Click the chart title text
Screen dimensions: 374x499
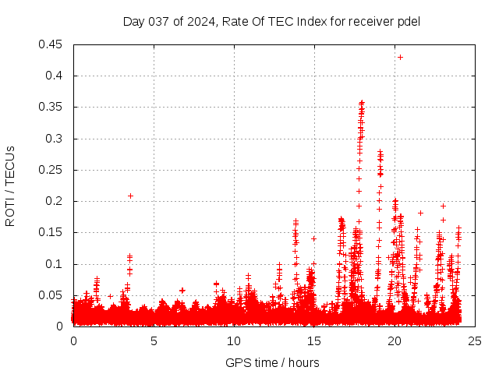click(271, 21)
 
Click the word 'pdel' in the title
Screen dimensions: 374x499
click(408, 21)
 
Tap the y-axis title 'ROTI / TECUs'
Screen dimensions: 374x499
click(10, 185)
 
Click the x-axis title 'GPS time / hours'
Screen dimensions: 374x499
click(272, 362)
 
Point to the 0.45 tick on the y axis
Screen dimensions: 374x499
click(51, 44)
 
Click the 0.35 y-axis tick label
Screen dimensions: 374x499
click(51, 107)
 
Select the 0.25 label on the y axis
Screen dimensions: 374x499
click(51, 170)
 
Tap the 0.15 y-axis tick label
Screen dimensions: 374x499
click(51, 232)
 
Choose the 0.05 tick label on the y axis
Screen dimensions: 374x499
click(51, 295)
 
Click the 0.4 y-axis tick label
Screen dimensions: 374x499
click(55, 76)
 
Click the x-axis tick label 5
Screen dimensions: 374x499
click(154, 340)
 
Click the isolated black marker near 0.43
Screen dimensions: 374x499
click(400, 57)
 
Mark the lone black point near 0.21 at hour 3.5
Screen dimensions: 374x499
click(130, 196)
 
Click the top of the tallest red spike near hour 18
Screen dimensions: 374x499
click(362, 102)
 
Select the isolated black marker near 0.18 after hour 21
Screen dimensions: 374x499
click(420, 213)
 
